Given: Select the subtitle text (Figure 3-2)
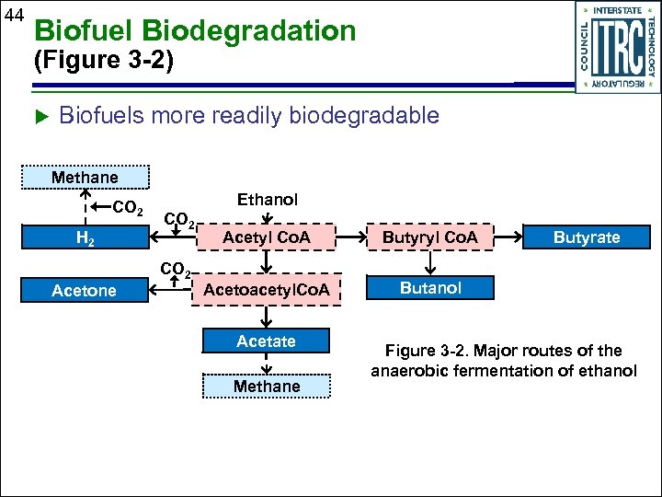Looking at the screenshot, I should [102, 63].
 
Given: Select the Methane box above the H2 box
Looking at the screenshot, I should [85, 178].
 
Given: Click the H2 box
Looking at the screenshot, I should [85, 238].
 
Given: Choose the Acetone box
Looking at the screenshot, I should [85, 291].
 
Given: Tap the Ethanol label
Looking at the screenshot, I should [267, 200].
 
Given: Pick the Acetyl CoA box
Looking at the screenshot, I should [267, 238].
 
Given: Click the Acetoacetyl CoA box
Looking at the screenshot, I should [267, 291].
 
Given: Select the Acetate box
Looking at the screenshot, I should [267, 341].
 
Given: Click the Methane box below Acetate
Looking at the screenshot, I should [267, 387].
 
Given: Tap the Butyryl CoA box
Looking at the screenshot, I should [430, 238].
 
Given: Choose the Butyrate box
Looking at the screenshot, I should [586, 237].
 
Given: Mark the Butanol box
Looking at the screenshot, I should [430, 288].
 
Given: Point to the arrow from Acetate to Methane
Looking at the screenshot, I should [267, 364].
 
